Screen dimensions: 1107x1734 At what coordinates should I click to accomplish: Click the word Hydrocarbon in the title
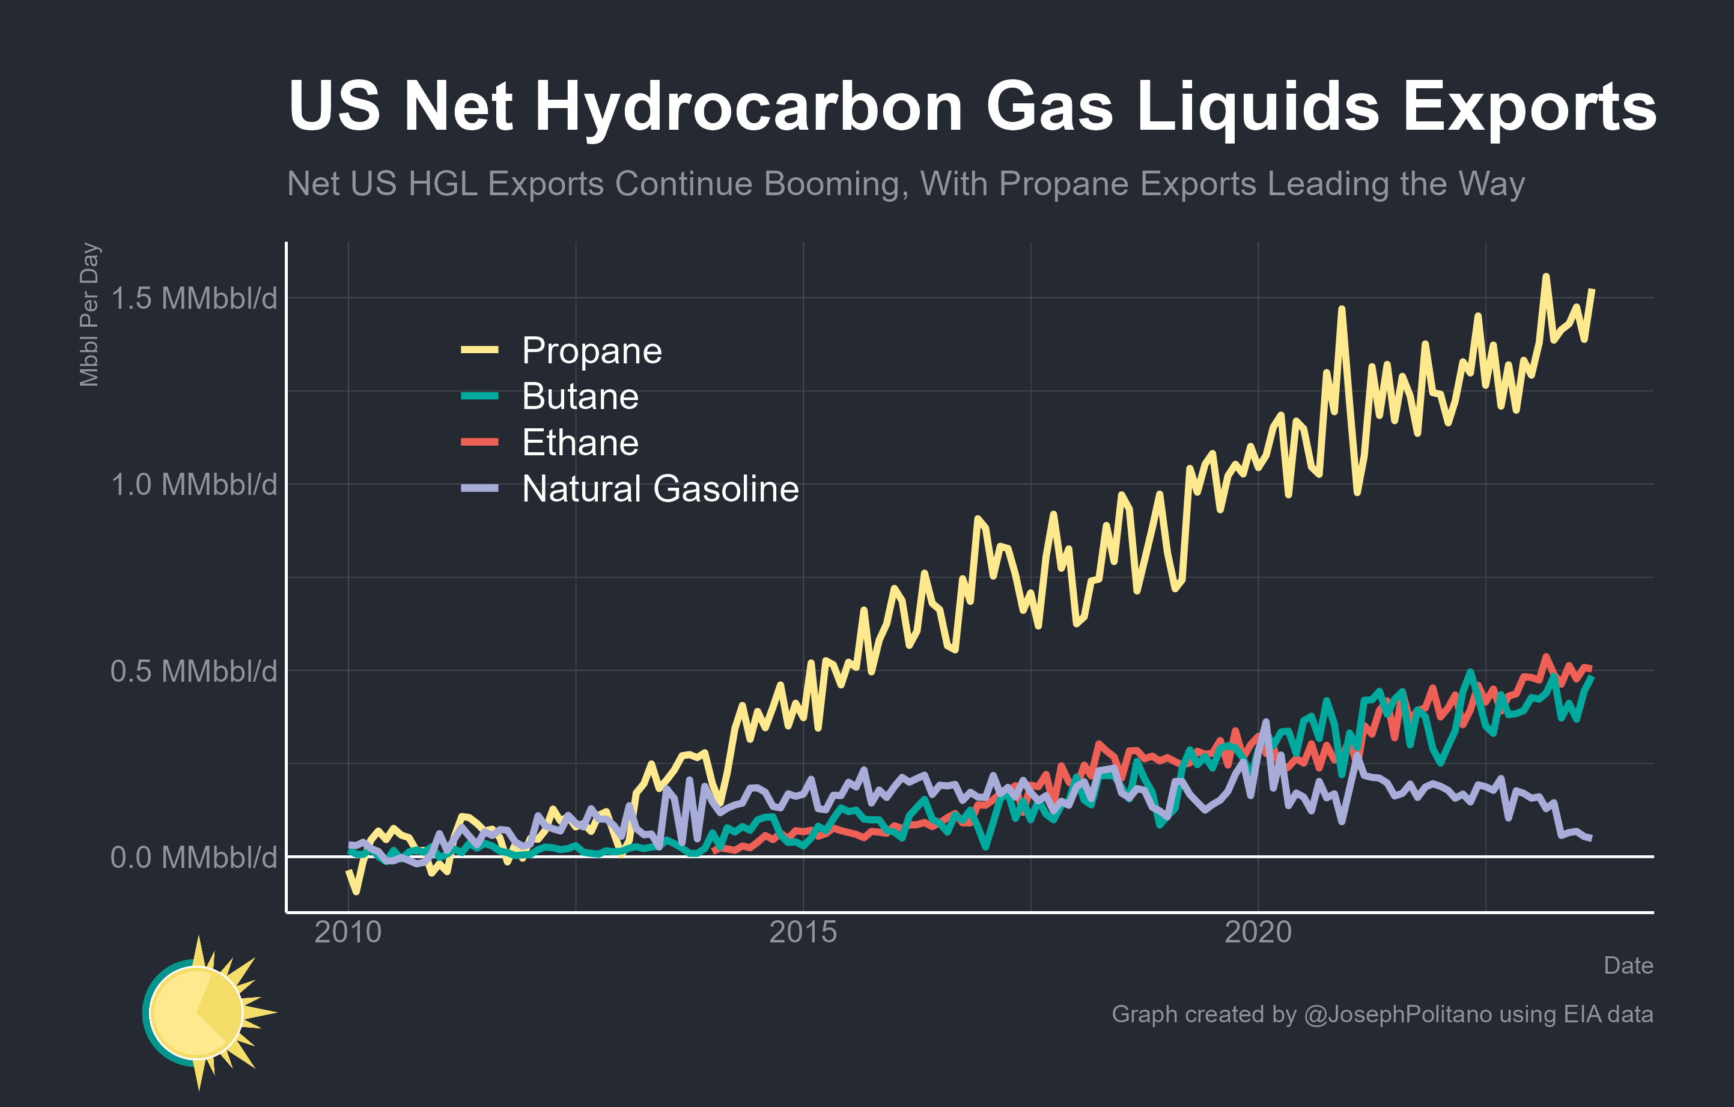pos(749,106)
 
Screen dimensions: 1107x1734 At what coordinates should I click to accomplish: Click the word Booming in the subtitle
pos(832,184)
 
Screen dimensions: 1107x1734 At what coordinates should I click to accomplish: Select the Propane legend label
pos(591,351)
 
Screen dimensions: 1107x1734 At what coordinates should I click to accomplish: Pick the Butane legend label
pos(580,396)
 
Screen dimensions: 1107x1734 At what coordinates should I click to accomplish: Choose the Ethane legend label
pos(580,443)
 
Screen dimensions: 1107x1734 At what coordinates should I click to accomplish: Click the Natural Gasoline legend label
pos(660,489)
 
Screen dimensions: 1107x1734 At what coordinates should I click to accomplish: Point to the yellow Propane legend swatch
pos(479,351)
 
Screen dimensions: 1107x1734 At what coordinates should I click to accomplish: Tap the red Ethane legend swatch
pos(479,442)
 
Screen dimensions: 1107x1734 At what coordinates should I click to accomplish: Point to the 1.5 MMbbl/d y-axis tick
pos(193,298)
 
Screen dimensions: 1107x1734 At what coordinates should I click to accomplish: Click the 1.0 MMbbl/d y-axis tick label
pos(193,484)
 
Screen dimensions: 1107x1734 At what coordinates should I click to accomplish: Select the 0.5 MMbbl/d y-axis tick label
pos(193,671)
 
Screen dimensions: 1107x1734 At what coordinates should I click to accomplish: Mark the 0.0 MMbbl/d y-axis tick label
pos(193,857)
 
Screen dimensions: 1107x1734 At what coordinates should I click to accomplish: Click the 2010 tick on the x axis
pos(348,932)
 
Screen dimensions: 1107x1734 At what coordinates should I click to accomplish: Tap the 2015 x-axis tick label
pos(803,932)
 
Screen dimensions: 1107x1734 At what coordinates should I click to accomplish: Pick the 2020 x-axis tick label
pos(1258,932)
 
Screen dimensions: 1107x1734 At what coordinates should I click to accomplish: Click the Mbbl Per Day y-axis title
pos(90,315)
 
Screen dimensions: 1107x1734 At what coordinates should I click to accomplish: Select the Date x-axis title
pos(1628,965)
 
